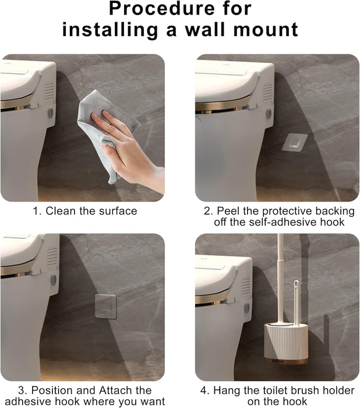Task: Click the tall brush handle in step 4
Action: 280,274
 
